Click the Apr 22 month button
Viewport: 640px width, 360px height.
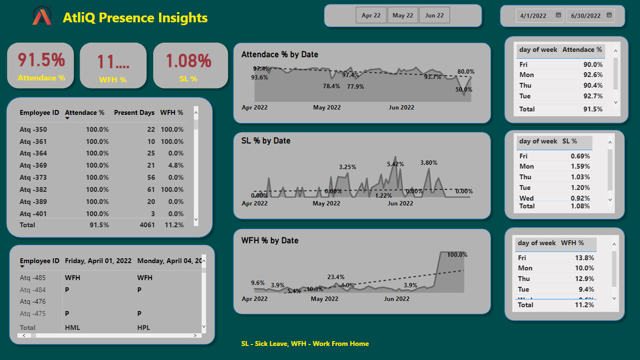(x=371, y=16)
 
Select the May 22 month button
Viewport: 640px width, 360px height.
(x=403, y=16)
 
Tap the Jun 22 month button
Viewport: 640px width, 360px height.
(x=434, y=16)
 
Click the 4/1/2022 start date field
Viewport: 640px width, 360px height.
(x=533, y=16)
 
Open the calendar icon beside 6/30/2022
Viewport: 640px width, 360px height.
(x=609, y=16)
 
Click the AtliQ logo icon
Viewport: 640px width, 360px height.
(x=42, y=16)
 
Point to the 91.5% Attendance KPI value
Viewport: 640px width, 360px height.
(x=41, y=60)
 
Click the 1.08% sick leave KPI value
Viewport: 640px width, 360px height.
(x=189, y=61)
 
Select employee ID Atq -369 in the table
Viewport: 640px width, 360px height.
(x=33, y=166)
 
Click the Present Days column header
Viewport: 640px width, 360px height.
(x=134, y=113)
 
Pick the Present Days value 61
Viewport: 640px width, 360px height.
(x=150, y=190)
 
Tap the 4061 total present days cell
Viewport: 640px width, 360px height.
(x=146, y=225)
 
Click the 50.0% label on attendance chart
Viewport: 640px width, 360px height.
(x=464, y=90)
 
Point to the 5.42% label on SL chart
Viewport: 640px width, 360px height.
(x=395, y=164)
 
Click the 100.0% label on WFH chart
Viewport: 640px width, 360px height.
(x=457, y=255)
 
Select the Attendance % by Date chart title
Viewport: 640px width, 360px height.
(x=280, y=55)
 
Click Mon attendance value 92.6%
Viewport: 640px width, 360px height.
(x=593, y=75)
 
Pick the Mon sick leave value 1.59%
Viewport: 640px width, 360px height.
(x=581, y=167)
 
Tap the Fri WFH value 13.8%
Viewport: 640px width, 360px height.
(x=584, y=258)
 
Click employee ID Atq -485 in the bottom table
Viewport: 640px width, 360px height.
(x=33, y=278)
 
